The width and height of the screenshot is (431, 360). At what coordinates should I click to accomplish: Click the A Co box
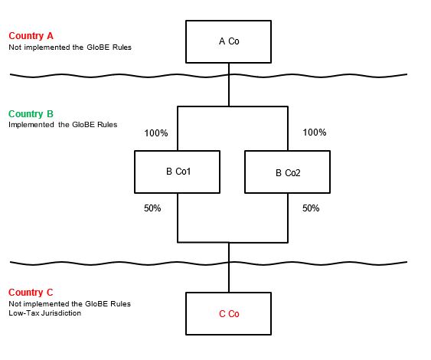pyautogui.click(x=228, y=41)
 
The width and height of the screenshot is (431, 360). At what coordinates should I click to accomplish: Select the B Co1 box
pyautogui.click(x=178, y=172)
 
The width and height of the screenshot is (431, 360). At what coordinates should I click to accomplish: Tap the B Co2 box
pyautogui.click(x=287, y=172)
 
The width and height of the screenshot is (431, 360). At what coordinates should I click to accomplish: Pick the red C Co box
pyautogui.click(x=228, y=313)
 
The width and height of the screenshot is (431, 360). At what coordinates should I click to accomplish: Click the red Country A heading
pyautogui.click(x=31, y=36)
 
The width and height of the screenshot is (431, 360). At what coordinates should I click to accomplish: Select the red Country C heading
pyautogui.click(x=31, y=293)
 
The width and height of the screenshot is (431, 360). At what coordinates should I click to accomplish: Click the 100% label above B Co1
pyautogui.click(x=155, y=133)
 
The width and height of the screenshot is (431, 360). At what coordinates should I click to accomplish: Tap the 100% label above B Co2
pyautogui.click(x=315, y=133)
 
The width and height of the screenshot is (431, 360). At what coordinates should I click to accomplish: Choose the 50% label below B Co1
pyautogui.click(x=152, y=208)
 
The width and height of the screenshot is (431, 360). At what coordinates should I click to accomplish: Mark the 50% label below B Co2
pyautogui.click(x=311, y=208)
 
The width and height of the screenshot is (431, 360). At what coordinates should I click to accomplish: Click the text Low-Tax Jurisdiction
pyautogui.click(x=44, y=313)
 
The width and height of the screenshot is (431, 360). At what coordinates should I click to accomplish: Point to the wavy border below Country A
pyautogui.click(x=115, y=75)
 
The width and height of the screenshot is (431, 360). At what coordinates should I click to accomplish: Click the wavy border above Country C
pyautogui.click(x=115, y=263)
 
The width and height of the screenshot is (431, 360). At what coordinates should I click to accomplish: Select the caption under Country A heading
pyautogui.click(x=70, y=47)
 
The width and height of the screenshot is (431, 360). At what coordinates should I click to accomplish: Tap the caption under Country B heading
pyautogui.click(x=63, y=125)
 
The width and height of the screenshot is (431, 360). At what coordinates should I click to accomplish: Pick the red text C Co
pyautogui.click(x=228, y=314)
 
